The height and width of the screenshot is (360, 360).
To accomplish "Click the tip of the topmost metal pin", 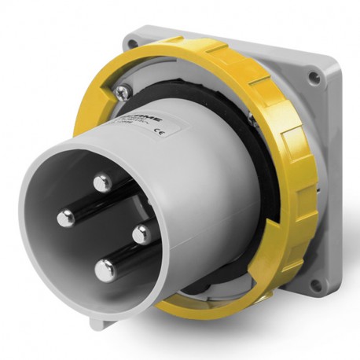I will coord(101,184).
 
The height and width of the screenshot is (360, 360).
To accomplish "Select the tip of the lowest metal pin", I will coord(105,270).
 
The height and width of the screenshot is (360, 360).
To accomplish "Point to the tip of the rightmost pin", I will coord(141,234).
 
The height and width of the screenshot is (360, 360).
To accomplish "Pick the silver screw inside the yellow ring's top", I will coord(122,94).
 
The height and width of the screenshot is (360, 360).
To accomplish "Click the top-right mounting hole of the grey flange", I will coord(315,78).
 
